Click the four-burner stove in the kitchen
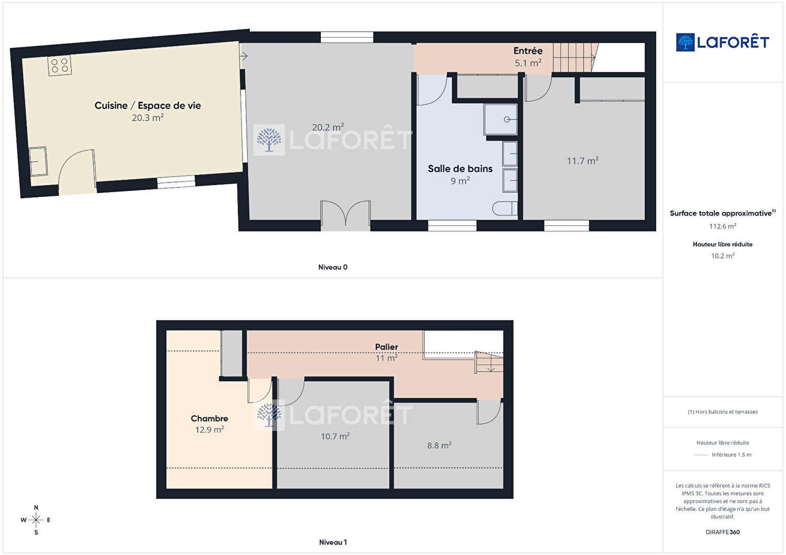[x=60, y=65]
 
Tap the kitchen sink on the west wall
[x=38, y=161]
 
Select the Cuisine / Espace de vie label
[x=148, y=105]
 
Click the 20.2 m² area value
[x=328, y=127]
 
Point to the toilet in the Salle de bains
[x=505, y=208]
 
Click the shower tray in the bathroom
[x=500, y=119]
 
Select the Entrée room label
[x=528, y=51]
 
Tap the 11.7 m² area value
[x=583, y=161]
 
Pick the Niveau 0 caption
[x=333, y=267]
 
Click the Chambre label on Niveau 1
[x=210, y=418]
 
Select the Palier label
[x=386, y=347]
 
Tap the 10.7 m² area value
[x=335, y=436]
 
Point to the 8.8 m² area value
[x=439, y=445]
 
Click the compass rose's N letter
[x=36, y=507]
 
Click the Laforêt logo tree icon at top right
[x=685, y=42]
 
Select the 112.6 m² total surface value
[x=723, y=226]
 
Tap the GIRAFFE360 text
[x=723, y=532]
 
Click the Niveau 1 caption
[x=333, y=542]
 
